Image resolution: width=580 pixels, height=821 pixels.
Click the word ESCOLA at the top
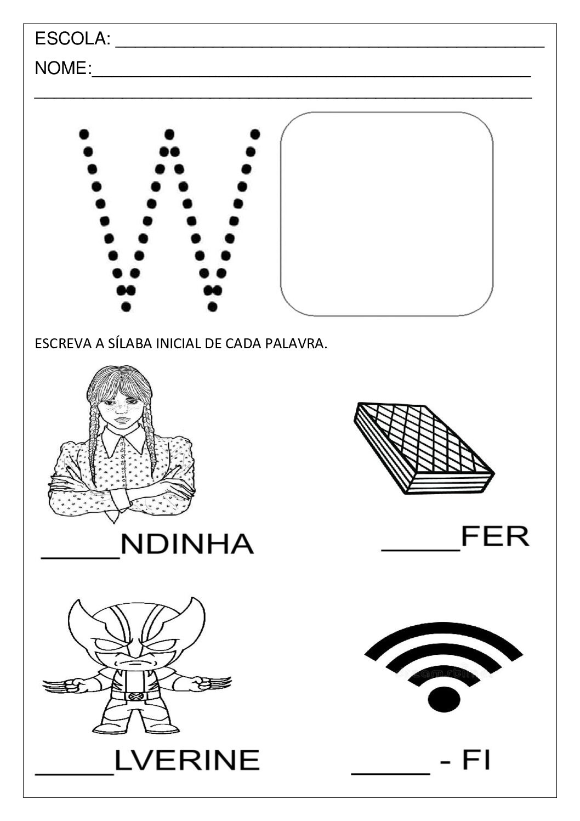(x=71, y=39)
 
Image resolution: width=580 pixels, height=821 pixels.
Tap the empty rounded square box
(x=386, y=214)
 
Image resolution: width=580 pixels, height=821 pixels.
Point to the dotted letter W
(x=169, y=219)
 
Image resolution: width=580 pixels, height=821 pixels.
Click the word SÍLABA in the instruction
(x=127, y=344)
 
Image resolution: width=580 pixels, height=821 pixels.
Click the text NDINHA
(x=186, y=544)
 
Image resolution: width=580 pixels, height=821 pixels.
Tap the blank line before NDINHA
(x=80, y=557)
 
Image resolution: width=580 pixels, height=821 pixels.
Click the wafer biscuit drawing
(x=422, y=447)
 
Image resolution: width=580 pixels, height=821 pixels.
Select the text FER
(x=494, y=536)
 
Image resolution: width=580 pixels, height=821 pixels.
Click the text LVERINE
(x=186, y=760)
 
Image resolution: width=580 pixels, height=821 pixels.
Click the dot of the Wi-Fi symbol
(x=443, y=700)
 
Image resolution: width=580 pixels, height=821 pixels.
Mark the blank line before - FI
(x=390, y=772)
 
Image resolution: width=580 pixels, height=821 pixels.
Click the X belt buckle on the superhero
(x=133, y=696)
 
